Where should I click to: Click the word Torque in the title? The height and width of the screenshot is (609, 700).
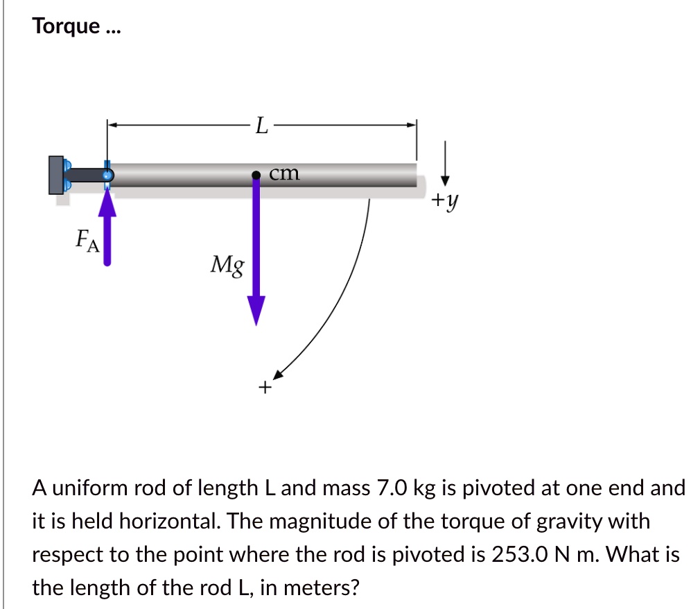pos(67,27)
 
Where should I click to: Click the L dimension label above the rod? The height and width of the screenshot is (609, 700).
pos(260,126)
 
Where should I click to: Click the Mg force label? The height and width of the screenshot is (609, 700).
pos(227,265)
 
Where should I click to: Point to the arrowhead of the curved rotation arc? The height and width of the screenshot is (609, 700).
pos(279,375)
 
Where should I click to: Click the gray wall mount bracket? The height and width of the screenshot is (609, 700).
pos(55,175)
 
